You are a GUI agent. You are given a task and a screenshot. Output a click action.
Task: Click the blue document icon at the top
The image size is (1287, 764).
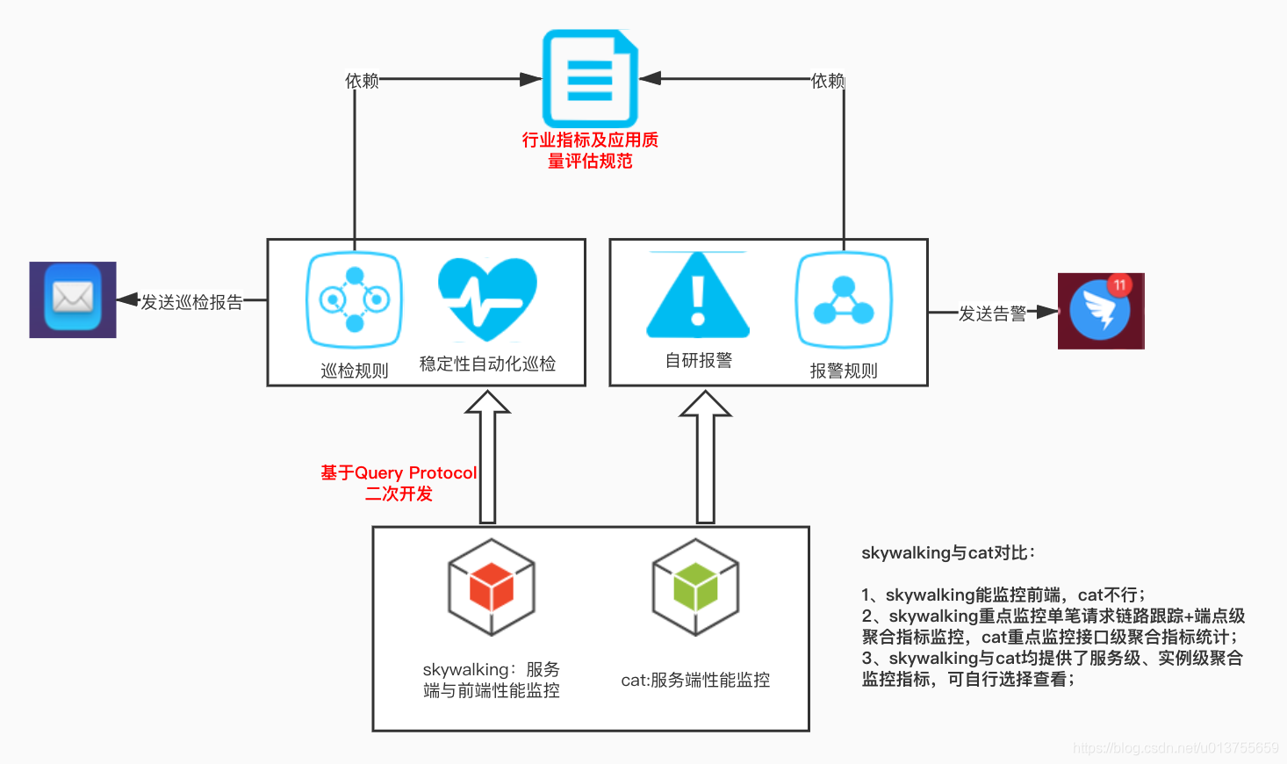590,79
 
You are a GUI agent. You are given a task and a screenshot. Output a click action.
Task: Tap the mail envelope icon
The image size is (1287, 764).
73,299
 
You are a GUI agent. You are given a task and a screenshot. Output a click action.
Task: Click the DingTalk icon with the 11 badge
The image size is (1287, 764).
1100,311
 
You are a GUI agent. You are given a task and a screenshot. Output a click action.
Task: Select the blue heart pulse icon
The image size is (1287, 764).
487,299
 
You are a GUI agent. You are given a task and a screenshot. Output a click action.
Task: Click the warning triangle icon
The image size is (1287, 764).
698,296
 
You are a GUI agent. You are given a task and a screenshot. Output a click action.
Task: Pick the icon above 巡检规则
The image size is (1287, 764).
354,299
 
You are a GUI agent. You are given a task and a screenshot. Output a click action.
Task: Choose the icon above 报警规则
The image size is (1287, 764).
844,299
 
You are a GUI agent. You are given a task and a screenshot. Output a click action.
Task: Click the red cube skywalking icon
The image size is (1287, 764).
492,587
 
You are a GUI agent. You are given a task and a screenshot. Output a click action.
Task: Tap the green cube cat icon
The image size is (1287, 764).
695,587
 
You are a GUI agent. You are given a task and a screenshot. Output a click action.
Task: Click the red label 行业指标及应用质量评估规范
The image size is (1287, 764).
590,150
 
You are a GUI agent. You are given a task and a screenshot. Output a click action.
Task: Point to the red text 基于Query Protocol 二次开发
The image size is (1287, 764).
399,483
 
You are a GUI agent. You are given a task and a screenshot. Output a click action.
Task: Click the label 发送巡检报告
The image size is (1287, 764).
191,302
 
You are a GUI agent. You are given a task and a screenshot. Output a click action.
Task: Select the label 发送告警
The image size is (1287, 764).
992,314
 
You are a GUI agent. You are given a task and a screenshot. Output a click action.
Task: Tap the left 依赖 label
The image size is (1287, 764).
362,81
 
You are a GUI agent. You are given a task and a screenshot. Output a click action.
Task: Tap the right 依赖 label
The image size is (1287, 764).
828,81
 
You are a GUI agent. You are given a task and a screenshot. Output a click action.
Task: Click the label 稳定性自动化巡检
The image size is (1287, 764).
487,364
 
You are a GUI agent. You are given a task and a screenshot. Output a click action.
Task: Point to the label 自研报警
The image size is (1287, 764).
698,360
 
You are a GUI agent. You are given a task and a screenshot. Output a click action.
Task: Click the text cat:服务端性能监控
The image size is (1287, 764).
695,680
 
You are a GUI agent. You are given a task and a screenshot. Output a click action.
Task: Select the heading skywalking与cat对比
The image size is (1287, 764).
948,552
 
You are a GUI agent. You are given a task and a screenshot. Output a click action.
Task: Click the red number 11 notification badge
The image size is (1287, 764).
1119,285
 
